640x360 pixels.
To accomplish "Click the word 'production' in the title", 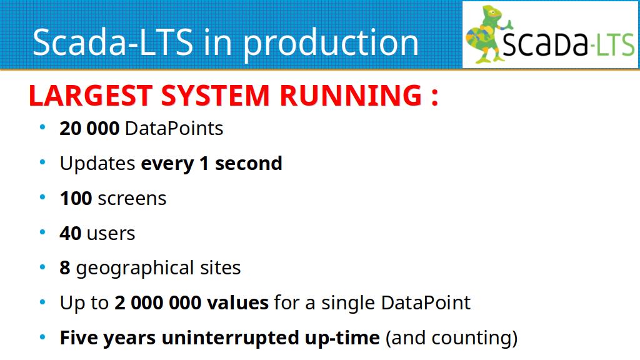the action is click(x=331, y=43).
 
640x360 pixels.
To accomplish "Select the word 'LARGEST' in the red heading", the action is click(x=91, y=96).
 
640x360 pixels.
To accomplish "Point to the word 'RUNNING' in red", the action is click(x=351, y=96).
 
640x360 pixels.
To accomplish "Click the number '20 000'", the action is click(x=89, y=129).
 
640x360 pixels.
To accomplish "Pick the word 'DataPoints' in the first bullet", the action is click(x=174, y=129).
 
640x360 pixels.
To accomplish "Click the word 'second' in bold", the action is click(x=249, y=163).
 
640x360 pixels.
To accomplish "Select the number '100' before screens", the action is click(x=76, y=198).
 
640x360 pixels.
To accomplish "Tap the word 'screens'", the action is click(x=132, y=199).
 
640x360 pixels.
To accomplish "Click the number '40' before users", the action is click(x=70, y=234).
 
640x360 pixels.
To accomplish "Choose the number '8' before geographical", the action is click(x=65, y=268).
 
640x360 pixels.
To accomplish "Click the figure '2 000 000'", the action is click(x=158, y=303).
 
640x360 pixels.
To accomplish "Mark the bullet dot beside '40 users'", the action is click(x=42, y=232).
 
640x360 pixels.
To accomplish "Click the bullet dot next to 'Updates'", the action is click(x=42, y=162).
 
